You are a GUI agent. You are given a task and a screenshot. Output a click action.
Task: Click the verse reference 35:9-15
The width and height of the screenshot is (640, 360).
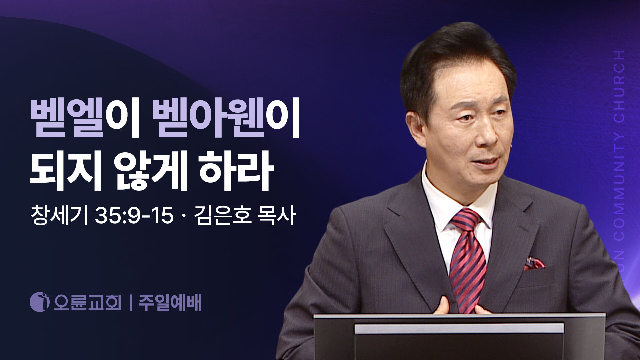[x=134, y=216]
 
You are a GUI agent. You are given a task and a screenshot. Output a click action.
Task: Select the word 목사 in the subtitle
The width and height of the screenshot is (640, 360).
[x=277, y=216]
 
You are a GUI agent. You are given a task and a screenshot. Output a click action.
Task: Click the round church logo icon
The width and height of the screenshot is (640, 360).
[x=39, y=302]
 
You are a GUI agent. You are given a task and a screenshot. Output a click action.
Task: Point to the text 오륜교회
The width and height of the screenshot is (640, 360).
[x=87, y=302]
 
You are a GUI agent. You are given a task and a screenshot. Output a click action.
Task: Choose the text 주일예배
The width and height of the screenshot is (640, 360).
[x=170, y=302]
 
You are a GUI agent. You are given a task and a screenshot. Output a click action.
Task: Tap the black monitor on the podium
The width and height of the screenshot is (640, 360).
[x=459, y=337]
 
